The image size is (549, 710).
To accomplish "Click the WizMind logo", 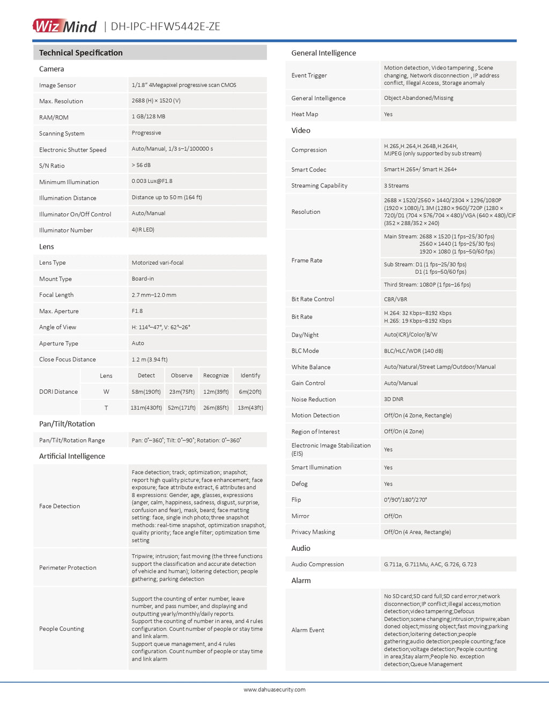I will [x=64, y=26].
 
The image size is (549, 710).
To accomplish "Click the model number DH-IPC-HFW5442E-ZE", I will [x=165, y=26].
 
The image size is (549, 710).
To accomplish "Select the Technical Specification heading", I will [x=80, y=53].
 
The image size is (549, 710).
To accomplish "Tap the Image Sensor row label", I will [x=57, y=85].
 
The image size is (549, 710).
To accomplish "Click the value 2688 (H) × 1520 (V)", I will [x=156, y=101].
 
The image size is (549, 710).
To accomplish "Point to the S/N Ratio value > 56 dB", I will [x=141, y=165].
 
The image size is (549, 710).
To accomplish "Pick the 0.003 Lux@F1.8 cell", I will [x=152, y=181].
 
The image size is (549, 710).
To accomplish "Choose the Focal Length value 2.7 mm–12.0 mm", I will [x=154, y=295].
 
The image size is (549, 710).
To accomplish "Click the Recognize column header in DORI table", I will [x=216, y=376].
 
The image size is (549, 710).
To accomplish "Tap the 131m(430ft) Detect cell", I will [x=146, y=408].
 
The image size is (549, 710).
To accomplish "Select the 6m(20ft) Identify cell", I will [x=250, y=392].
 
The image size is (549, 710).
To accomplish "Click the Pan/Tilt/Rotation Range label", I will [x=72, y=440].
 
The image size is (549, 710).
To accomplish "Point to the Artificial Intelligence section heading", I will [x=72, y=456].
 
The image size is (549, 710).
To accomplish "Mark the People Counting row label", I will [x=62, y=629].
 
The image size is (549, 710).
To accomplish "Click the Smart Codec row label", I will [x=309, y=169].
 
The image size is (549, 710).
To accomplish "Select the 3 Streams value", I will [x=396, y=185].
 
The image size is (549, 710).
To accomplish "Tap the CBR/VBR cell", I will [x=395, y=299].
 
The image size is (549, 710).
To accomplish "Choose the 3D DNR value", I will [x=394, y=399].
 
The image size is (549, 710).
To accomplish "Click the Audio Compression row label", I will [x=317, y=564].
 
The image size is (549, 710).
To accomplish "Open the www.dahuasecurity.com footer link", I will [x=274, y=690].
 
